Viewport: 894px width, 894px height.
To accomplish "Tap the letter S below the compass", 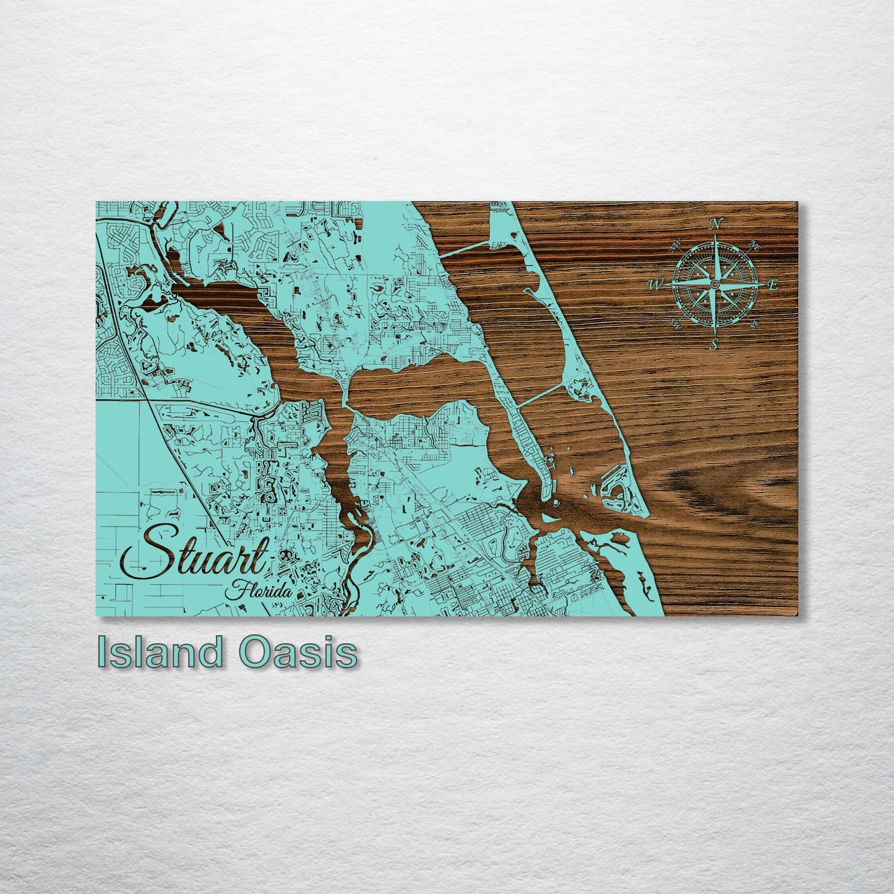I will click(715, 344).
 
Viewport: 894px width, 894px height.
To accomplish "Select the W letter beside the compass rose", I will click(655, 285).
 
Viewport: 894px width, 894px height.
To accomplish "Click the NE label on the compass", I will click(755, 246).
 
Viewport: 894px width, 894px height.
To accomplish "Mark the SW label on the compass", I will click(676, 323).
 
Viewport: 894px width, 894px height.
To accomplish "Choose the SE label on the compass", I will click(754, 323).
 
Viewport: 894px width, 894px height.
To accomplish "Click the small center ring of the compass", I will click(715, 284).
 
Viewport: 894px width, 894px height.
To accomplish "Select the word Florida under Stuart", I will click(259, 590).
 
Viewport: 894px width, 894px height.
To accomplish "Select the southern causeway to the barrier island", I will click(540, 395).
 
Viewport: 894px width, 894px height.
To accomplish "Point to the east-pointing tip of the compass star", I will click(763, 284).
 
